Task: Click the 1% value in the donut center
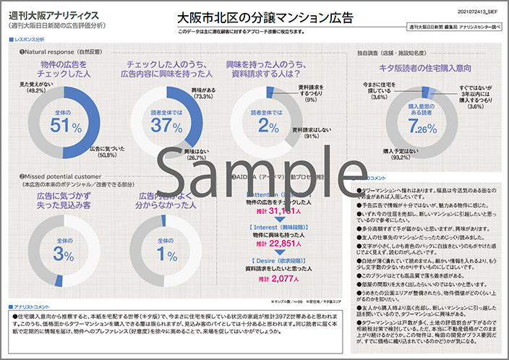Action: (166, 253)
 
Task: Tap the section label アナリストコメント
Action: (31, 307)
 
